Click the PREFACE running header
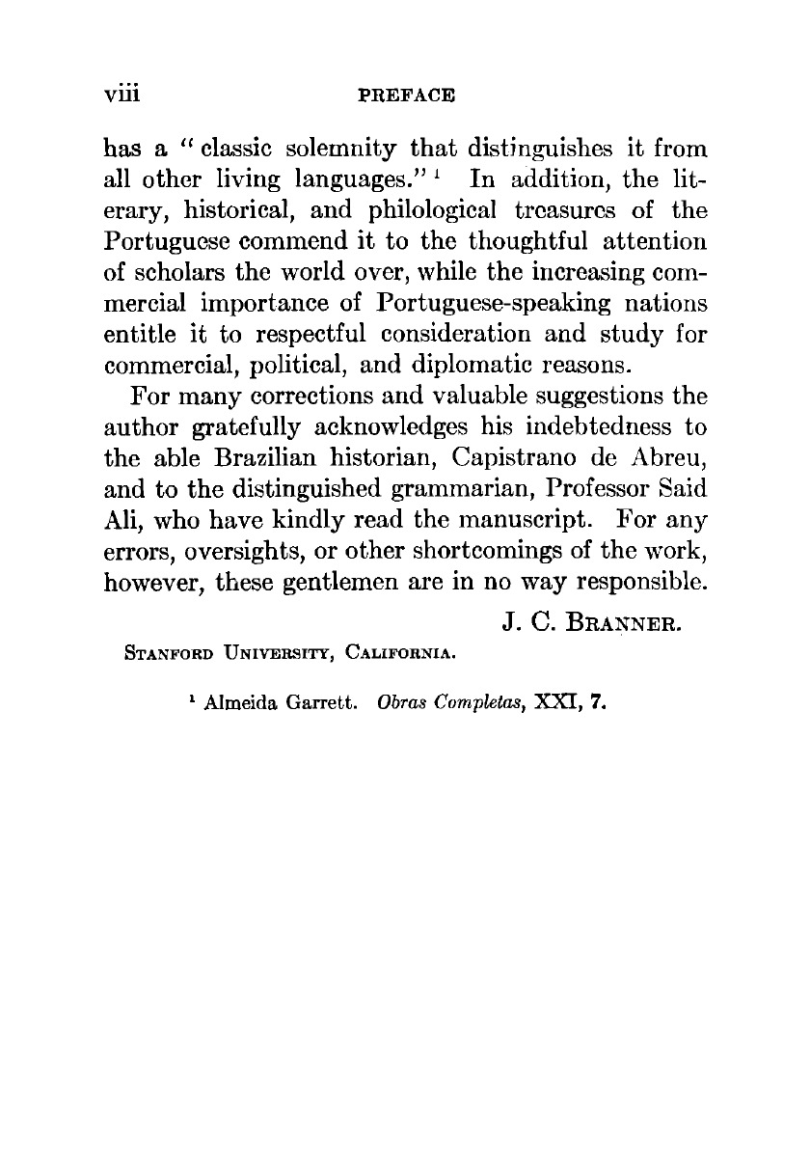pyautogui.click(x=405, y=96)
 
